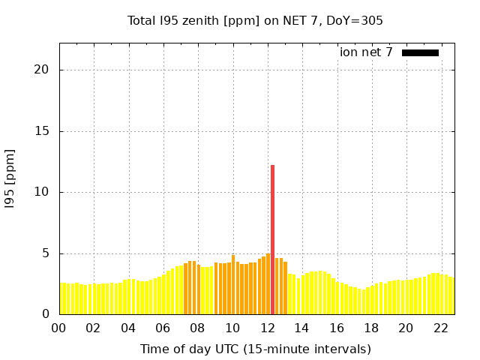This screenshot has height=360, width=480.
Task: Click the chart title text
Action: (255, 20)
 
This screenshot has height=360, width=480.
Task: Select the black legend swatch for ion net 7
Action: (420, 52)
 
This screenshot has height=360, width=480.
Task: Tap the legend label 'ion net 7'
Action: (366, 52)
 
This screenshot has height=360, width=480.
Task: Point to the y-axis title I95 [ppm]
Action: (10, 178)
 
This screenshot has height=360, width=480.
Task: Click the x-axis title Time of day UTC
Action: (255, 349)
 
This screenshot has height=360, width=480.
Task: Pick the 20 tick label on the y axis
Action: (42, 70)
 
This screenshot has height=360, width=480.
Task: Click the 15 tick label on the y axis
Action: (42, 131)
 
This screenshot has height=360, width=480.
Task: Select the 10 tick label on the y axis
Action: (42, 192)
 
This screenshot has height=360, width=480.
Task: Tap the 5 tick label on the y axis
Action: (46, 253)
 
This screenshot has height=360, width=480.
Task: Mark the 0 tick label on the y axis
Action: (46, 314)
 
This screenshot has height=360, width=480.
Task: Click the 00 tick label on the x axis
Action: (59, 328)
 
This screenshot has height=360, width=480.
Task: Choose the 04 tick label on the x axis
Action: (128, 328)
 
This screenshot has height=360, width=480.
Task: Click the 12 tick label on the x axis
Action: (267, 328)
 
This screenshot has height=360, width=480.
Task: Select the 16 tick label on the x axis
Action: (337, 328)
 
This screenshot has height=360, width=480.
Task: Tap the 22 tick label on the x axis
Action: (441, 328)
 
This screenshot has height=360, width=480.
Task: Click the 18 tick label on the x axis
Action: (371, 328)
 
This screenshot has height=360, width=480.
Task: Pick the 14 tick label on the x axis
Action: (301, 328)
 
